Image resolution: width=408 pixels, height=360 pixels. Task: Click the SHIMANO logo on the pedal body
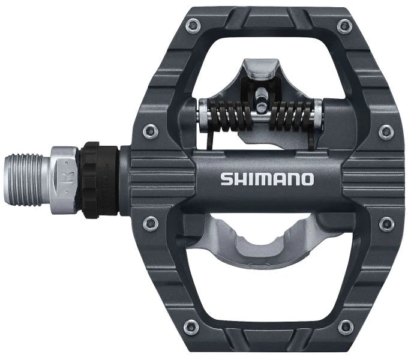pyautogui.click(x=266, y=179)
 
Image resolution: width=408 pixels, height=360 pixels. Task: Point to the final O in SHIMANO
pyautogui.click(x=307, y=179)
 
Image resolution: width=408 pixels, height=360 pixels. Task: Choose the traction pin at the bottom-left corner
pyautogui.click(x=191, y=328)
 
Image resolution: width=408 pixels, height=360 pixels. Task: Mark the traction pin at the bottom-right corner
pyautogui.click(x=344, y=328)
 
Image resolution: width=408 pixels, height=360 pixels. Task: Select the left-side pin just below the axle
pyautogui.click(x=149, y=224)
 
